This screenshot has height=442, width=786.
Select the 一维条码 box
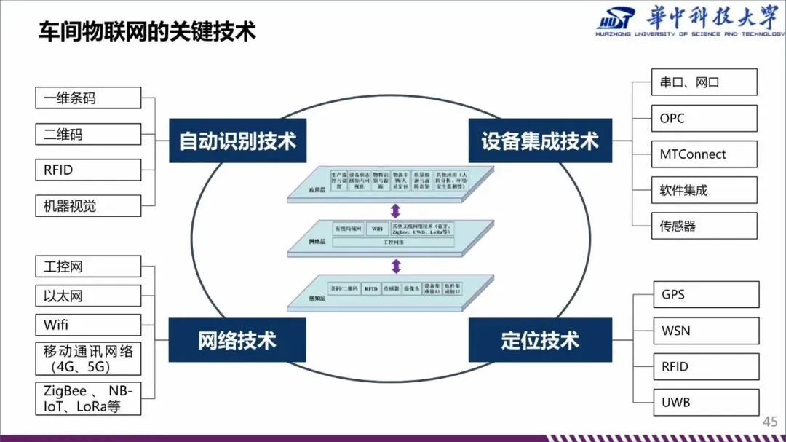tap(88, 98)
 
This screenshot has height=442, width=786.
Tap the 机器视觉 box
tap(88, 206)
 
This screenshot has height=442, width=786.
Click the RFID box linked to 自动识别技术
tap(88, 170)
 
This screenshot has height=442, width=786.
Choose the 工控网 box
tap(88, 267)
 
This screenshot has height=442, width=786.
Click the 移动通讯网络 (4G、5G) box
tap(88, 359)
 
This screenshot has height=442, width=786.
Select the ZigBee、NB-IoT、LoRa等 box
tap(88, 398)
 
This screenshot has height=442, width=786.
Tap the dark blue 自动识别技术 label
tap(237, 141)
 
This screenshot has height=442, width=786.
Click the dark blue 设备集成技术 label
tap(539, 141)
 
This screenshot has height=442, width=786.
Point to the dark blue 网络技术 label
tap(237, 340)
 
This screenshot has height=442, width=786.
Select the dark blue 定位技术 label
tap(539, 340)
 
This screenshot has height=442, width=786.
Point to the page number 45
tap(770, 422)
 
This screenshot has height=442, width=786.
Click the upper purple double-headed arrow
tap(395, 210)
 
